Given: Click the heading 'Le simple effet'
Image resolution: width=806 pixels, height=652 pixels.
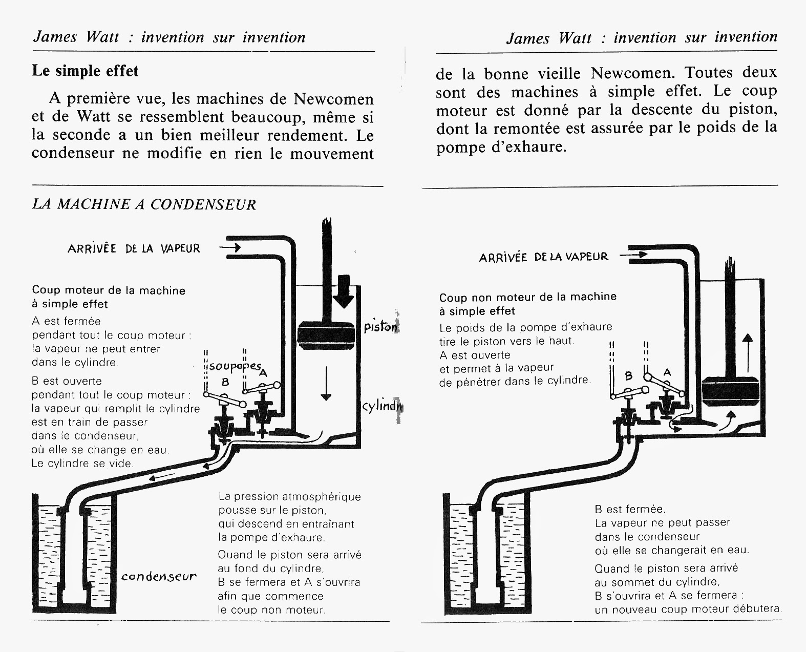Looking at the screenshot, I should [85, 71].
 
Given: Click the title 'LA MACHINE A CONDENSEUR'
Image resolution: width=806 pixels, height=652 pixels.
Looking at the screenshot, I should [144, 204].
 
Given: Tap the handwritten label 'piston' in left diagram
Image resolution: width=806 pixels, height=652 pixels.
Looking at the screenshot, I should [380, 327].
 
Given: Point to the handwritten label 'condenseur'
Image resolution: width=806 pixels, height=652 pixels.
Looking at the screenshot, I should [159, 577].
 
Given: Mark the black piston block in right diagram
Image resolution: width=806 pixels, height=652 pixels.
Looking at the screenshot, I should [730, 391].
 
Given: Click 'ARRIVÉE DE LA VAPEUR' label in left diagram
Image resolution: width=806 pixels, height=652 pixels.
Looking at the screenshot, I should [134, 249].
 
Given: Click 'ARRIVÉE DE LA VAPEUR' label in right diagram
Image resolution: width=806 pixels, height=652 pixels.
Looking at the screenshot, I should [543, 257].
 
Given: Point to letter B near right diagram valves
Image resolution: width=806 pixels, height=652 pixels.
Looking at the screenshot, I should [629, 376].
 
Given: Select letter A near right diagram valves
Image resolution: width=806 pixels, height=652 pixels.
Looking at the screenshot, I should [667, 372].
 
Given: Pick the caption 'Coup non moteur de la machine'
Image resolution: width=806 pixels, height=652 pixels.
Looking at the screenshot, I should [527, 297].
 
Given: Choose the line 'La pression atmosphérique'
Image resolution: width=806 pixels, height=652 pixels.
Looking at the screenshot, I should [289, 496].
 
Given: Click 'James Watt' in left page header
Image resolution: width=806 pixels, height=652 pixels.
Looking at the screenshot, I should [76, 37].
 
